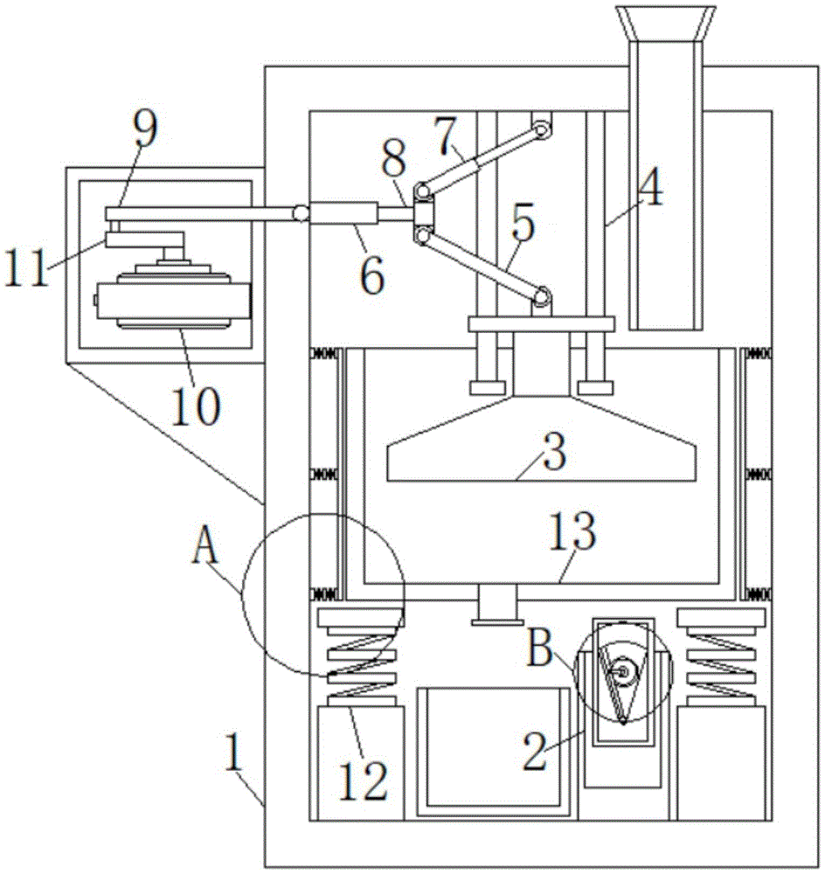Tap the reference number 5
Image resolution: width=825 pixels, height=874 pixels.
(x=523, y=225)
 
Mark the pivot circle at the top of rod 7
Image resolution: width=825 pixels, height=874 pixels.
(x=544, y=128)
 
